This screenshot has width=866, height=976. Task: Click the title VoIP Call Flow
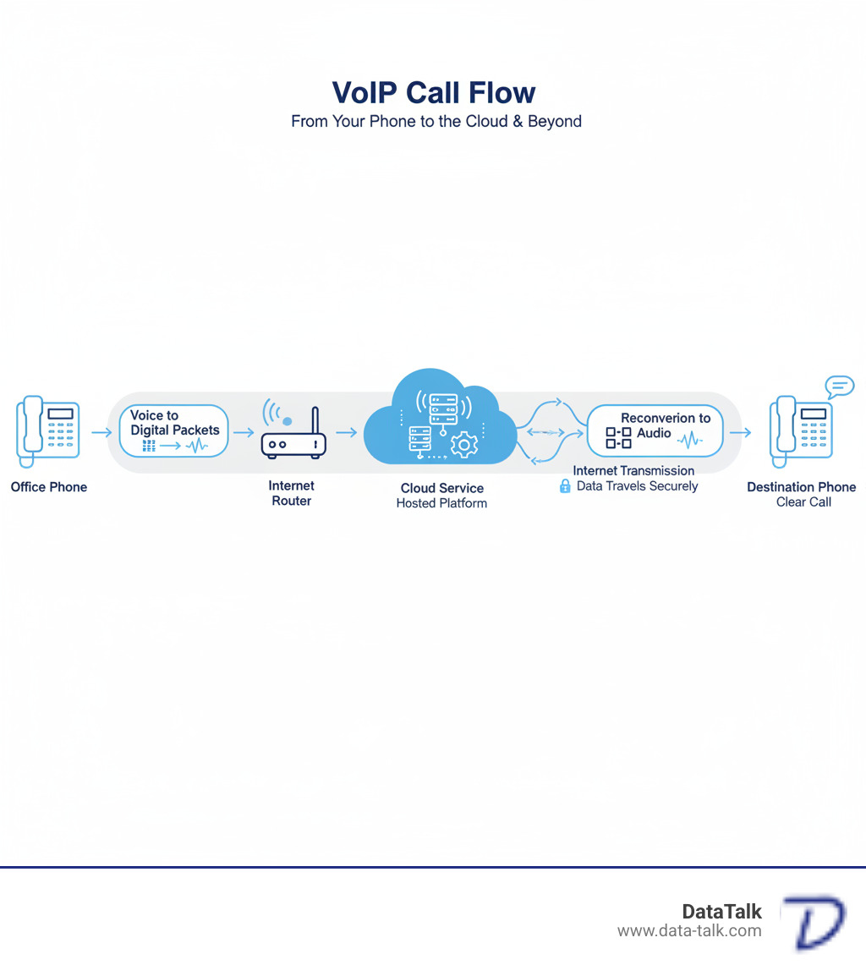pos(433,92)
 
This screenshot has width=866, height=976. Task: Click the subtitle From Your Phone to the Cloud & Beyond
pos(436,121)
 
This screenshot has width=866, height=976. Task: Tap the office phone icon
pos(47,430)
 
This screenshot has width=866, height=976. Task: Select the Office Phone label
pos(49,487)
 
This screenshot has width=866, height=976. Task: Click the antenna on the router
pos(315,421)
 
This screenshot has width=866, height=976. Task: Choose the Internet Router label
pos(292,493)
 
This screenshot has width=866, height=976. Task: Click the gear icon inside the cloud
pos(464,443)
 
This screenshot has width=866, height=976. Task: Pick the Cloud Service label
pos(441,488)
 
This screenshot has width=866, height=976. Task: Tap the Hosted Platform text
pos(441,503)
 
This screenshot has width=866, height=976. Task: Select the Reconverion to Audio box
pos(655,430)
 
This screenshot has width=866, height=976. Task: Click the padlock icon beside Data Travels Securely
pos(565,486)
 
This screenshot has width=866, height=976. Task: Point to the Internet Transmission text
pos(633,470)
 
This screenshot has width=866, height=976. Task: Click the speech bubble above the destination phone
pos(839,387)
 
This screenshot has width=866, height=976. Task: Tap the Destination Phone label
pos(801,487)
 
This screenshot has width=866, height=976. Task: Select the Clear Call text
pos(803,502)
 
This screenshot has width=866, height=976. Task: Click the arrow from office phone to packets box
pos(101,432)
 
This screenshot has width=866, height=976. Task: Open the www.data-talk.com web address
pos(689,931)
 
